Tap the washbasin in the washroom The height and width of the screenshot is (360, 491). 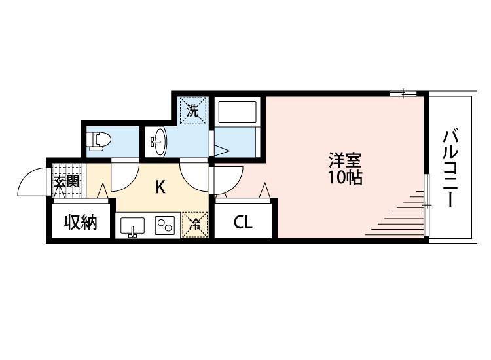(x=158, y=141)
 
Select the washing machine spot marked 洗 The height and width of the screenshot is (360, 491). (x=193, y=110)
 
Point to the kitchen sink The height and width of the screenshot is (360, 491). (x=134, y=226)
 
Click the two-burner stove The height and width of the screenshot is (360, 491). (x=164, y=226)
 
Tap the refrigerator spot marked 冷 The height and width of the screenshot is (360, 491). (x=195, y=225)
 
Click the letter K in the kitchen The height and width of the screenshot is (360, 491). (x=160, y=187)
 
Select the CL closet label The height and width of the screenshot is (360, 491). (x=243, y=223)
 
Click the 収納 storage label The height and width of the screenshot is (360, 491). (x=81, y=223)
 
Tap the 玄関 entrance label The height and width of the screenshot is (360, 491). (x=65, y=181)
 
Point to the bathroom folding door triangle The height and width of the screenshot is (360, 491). (x=220, y=150)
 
